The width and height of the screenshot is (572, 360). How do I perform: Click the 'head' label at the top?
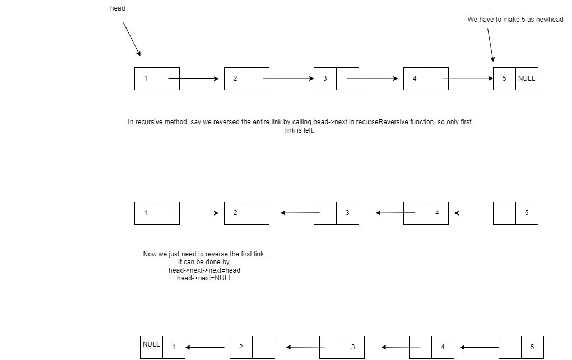[x=118, y=8]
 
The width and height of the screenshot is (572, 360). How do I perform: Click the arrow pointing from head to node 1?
[x=132, y=39]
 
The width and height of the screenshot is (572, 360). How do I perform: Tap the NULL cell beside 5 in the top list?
[x=527, y=78]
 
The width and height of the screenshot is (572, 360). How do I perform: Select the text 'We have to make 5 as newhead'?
[x=515, y=20]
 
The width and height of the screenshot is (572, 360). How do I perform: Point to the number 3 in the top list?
[x=325, y=78]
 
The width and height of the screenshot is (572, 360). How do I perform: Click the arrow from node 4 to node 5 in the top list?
[x=468, y=78]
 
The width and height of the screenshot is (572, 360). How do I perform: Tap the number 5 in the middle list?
[x=527, y=213]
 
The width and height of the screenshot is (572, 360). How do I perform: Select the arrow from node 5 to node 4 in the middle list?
[x=474, y=213]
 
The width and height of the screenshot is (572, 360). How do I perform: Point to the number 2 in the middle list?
[x=235, y=213]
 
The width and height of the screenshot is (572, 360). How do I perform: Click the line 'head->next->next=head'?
[x=204, y=270]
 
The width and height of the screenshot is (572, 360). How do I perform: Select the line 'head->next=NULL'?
[x=204, y=278]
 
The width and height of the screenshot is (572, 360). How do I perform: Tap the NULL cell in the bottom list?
[x=151, y=344]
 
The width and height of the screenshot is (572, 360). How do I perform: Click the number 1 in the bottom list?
[x=174, y=347]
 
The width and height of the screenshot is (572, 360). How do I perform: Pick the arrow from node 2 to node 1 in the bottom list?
[x=207, y=347]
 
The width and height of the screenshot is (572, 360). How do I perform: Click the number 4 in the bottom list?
[x=443, y=347]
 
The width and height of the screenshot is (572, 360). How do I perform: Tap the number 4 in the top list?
[x=415, y=78]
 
